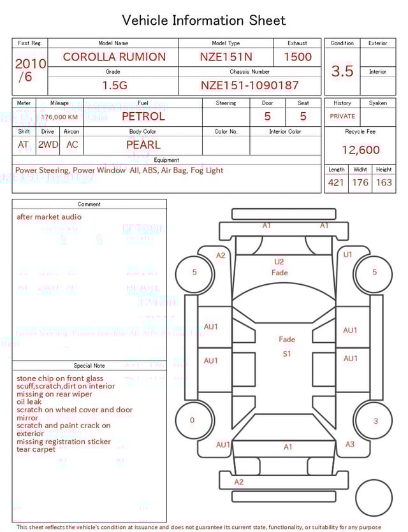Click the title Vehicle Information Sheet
point(204,20)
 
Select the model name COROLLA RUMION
point(113,57)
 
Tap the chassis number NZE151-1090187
point(249,85)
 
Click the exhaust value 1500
point(297,57)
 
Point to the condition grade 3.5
point(342,71)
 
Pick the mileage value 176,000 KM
point(59,117)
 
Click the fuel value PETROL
point(143,117)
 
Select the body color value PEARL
point(143,145)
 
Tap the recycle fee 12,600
point(360,150)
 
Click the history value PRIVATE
point(342,117)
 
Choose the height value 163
point(384,182)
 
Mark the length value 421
point(336,182)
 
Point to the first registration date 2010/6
point(30,70)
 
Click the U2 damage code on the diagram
point(279,261)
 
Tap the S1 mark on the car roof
point(287,354)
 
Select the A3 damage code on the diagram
point(349,444)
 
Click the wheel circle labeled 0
point(193,421)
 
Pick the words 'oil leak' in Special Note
point(29,402)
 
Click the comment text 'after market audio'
point(49,217)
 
